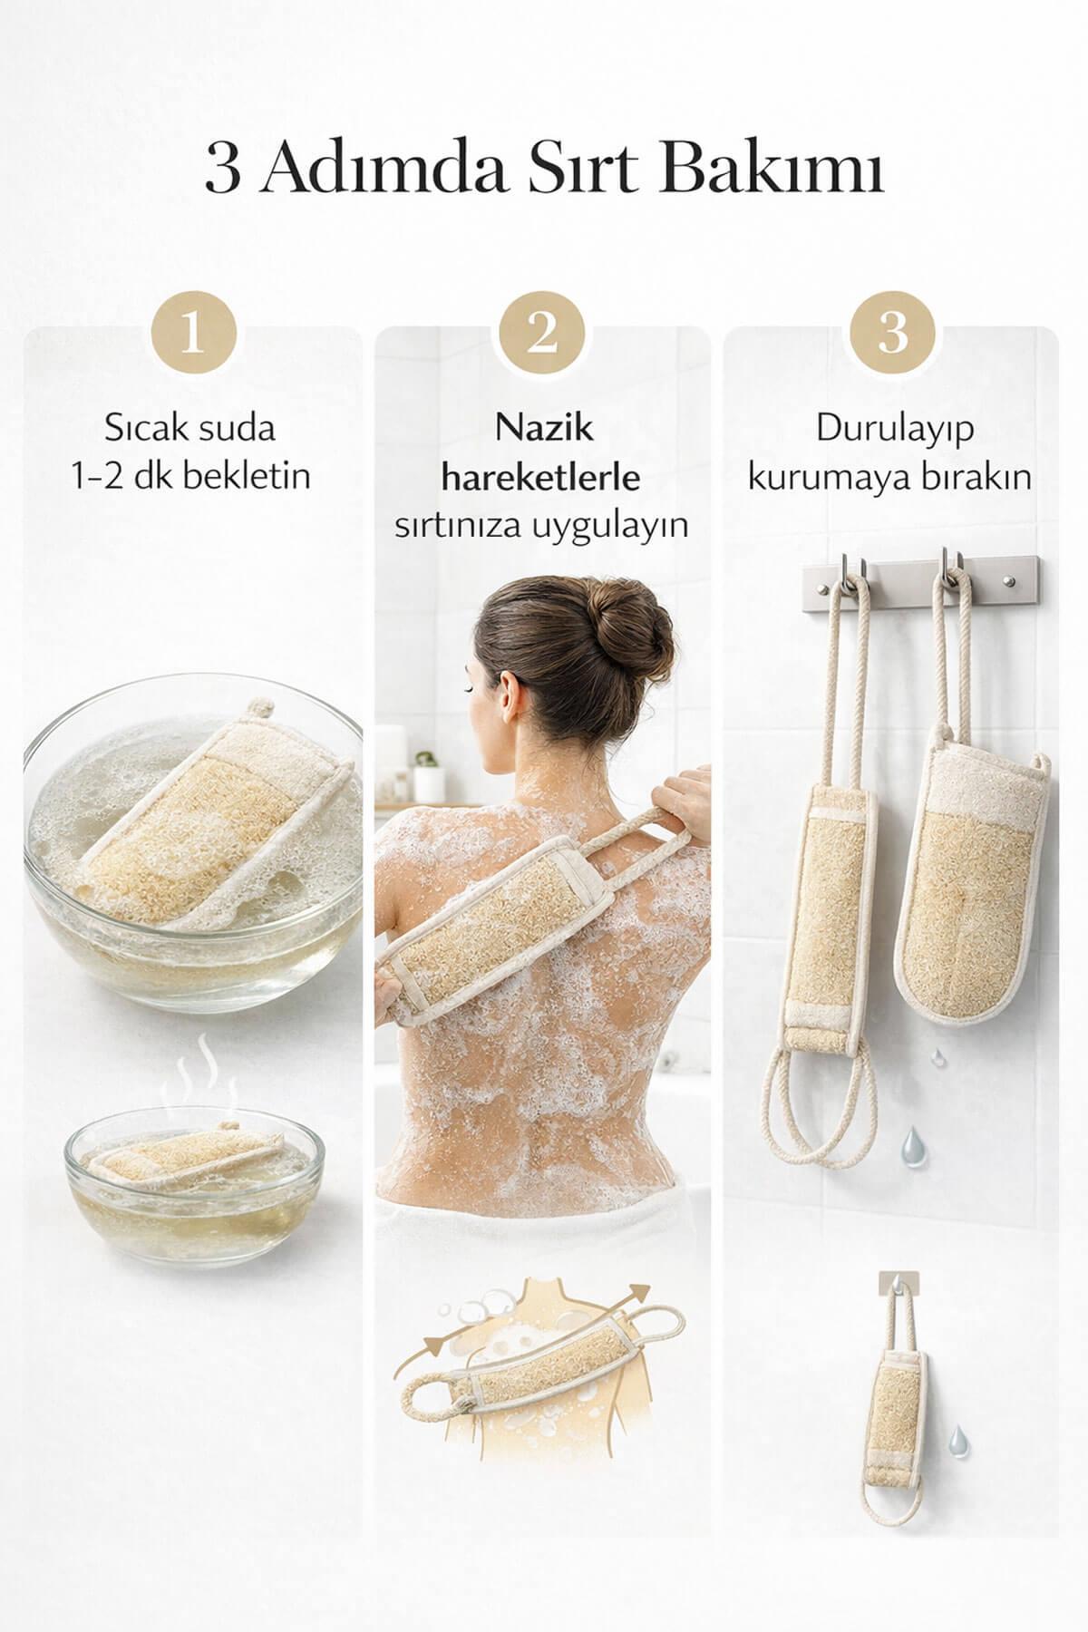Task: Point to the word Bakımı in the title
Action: (x=798, y=170)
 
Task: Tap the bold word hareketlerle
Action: (x=541, y=477)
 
